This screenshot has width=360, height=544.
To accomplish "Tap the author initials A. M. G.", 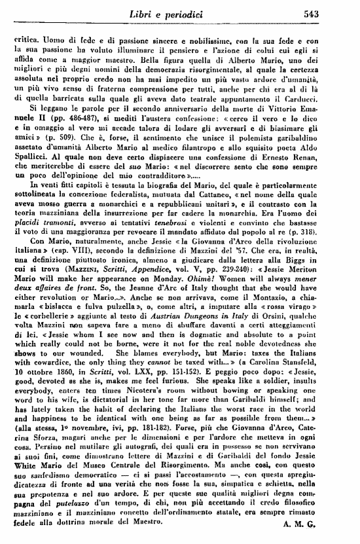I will pos(335,523).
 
